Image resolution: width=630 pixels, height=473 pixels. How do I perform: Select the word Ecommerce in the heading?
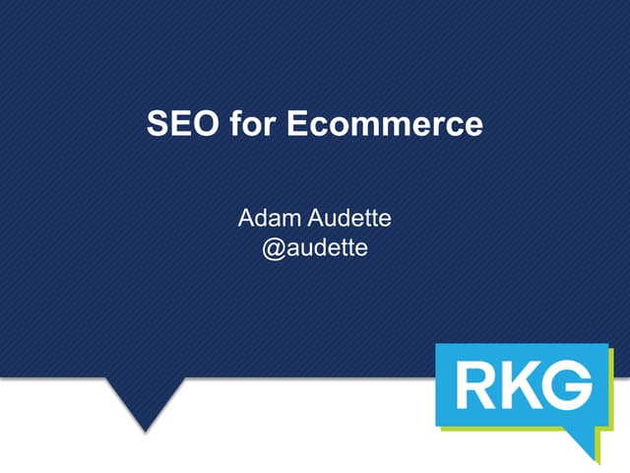(x=380, y=125)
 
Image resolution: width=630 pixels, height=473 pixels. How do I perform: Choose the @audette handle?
(x=314, y=247)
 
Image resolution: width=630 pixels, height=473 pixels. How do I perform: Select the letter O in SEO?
(x=201, y=125)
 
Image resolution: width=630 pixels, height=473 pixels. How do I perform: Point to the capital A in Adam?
(x=246, y=217)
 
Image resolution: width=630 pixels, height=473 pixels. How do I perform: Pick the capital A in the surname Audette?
(x=306, y=217)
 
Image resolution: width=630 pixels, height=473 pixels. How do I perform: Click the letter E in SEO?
(x=178, y=125)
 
